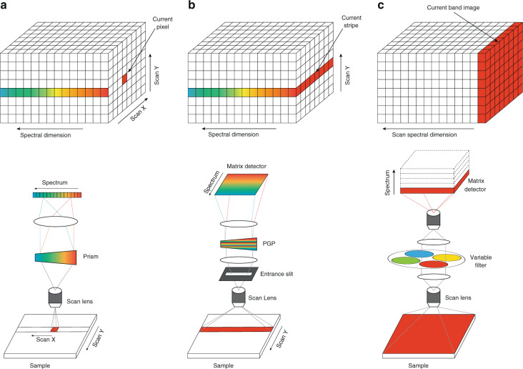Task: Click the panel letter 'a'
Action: point(5,6)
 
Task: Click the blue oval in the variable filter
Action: point(421,253)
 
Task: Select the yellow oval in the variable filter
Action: point(449,257)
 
